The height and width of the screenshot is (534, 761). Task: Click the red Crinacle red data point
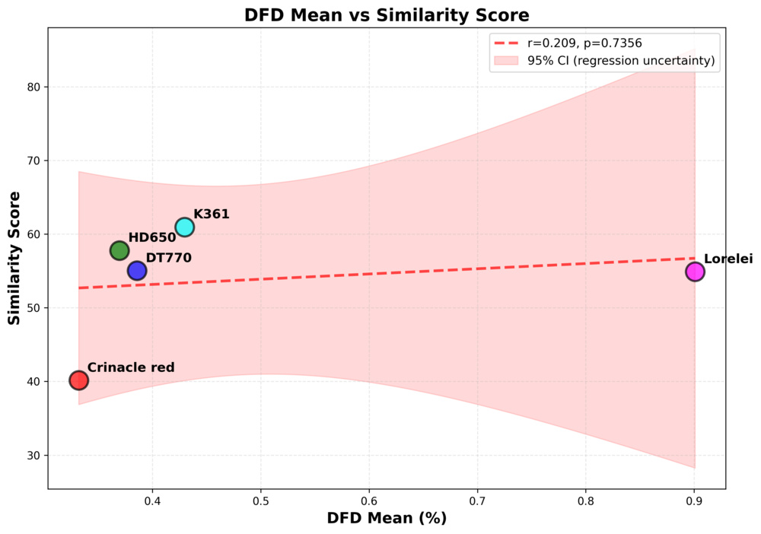(79, 380)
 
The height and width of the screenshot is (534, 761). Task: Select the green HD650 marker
(119, 250)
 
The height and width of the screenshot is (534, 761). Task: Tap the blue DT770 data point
(137, 271)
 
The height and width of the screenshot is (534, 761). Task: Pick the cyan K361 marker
(185, 227)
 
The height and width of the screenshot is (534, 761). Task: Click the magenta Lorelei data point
(695, 272)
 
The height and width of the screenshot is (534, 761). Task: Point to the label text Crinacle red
(131, 367)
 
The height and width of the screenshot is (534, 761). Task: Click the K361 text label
(211, 215)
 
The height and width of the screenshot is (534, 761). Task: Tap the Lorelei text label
(728, 259)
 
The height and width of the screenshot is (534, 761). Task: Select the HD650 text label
(151, 238)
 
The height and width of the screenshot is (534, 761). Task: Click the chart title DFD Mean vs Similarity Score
(386, 15)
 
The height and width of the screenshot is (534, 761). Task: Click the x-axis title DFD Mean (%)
(386, 518)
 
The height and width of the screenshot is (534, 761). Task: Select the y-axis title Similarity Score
(14, 259)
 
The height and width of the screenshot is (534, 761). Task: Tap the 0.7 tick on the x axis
(477, 502)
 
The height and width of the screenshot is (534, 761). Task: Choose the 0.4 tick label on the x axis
(152, 502)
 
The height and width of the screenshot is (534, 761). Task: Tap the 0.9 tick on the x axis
(694, 502)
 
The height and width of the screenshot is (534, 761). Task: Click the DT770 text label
(168, 258)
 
